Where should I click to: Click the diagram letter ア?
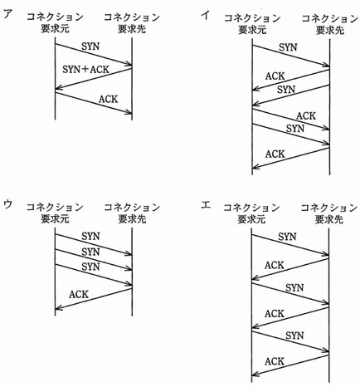click(8, 13)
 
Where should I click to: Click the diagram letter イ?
click(205, 15)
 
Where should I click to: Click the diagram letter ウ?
click(7, 204)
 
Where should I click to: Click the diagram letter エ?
click(206, 205)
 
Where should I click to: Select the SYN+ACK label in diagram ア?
click(85, 69)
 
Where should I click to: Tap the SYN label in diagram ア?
click(90, 47)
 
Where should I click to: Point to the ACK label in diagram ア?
click(109, 99)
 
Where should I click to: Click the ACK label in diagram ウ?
click(79, 294)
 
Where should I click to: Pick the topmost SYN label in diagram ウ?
click(90, 237)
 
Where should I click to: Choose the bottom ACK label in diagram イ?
click(275, 154)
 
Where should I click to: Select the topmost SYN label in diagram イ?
click(288, 47)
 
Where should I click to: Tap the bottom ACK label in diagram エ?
click(275, 361)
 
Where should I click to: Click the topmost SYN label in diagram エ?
click(287, 237)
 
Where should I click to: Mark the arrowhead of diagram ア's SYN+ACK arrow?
click(56, 89)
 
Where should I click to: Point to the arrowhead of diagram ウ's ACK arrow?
click(56, 308)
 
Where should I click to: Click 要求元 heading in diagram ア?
click(55, 28)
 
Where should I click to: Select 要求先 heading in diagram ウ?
click(132, 219)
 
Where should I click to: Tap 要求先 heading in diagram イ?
click(330, 30)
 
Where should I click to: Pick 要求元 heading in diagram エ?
click(251, 219)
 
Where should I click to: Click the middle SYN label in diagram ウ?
click(90, 252)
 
